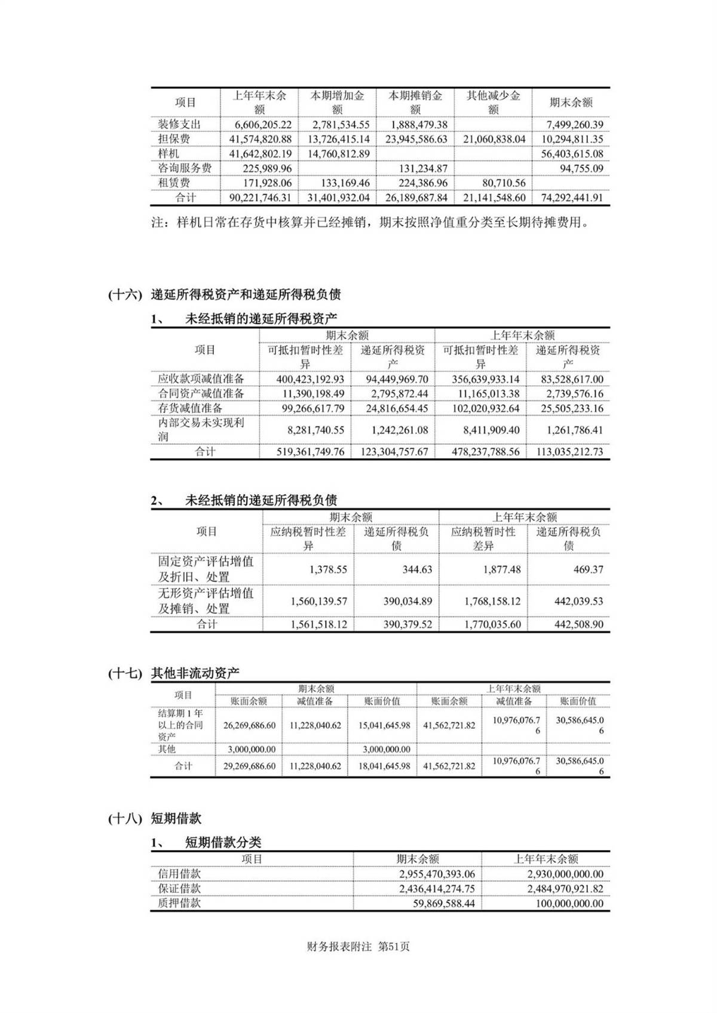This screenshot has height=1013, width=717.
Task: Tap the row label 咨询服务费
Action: (185, 168)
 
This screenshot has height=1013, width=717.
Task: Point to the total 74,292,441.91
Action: (572, 198)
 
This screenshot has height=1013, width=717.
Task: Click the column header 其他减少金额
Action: (493, 102)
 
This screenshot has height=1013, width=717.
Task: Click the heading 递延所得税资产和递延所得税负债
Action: (246, 294)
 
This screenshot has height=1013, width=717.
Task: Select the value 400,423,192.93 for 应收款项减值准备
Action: (310, 379)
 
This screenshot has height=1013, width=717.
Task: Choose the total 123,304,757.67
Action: (394, 452)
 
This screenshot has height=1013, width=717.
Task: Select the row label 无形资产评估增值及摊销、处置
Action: (206, 601)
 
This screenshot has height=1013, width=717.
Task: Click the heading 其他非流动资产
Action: (195, 673)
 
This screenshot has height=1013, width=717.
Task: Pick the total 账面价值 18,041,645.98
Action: (384, 766)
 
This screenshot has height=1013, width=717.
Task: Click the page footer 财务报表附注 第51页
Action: (358, 947)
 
